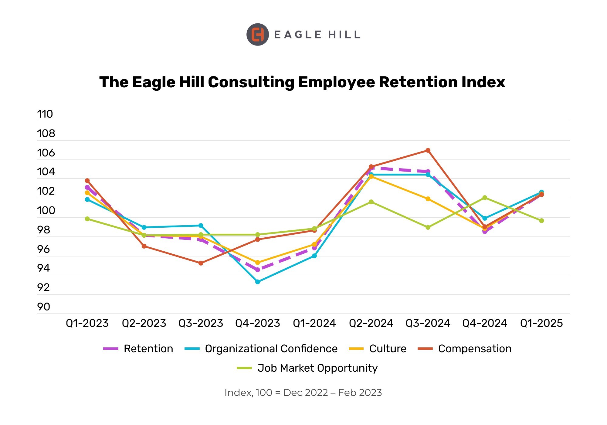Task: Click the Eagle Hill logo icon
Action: click(257, 35)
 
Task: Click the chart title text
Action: click(302, 82)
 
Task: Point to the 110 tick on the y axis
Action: click(45, 114)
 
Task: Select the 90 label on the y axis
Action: click(44, 307)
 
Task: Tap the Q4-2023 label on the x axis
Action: click(257, 323)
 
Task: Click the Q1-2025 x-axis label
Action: click(541, 323)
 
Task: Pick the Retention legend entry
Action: click(138, 349)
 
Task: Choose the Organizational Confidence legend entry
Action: click(261, 349)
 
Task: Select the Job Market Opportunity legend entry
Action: click(307, 368)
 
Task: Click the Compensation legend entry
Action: click(465, 349)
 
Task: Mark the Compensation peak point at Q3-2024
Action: click(428, 150)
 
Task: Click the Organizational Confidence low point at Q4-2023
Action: click(258, 282)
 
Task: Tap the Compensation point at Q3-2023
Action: click(201, 263)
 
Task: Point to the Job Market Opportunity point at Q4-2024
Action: click(485, 198)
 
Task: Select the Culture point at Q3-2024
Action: click(428, 199)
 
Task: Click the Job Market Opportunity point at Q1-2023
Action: click(87, 219)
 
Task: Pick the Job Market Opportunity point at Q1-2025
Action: click(541, 221)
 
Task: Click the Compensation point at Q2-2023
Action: click(144, 246)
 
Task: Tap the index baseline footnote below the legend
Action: click(303, 393)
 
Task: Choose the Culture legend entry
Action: click(378, 349)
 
